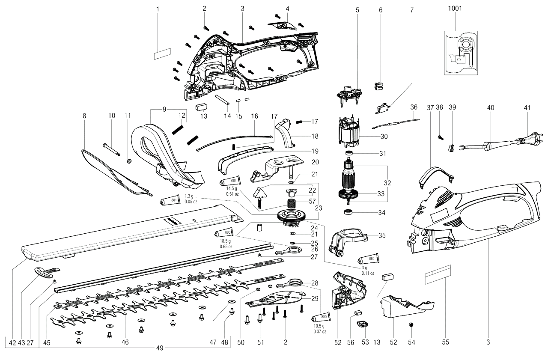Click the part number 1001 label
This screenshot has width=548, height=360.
pos(455,9)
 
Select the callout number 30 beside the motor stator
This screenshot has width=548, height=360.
pos(384,137)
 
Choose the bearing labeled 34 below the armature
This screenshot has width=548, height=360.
pos(348,212)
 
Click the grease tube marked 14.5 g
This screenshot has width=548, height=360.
pos(230,181)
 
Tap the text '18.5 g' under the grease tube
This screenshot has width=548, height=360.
pos(226,241)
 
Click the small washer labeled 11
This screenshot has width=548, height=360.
pos(129,161)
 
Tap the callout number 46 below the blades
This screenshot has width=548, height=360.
pos(125,342)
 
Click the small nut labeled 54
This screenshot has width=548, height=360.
pos(411,324)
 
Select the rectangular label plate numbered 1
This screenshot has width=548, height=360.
pos(162,54)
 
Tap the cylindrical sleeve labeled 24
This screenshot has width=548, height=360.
pos(259,227)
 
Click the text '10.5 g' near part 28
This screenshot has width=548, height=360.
pos(319,326)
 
